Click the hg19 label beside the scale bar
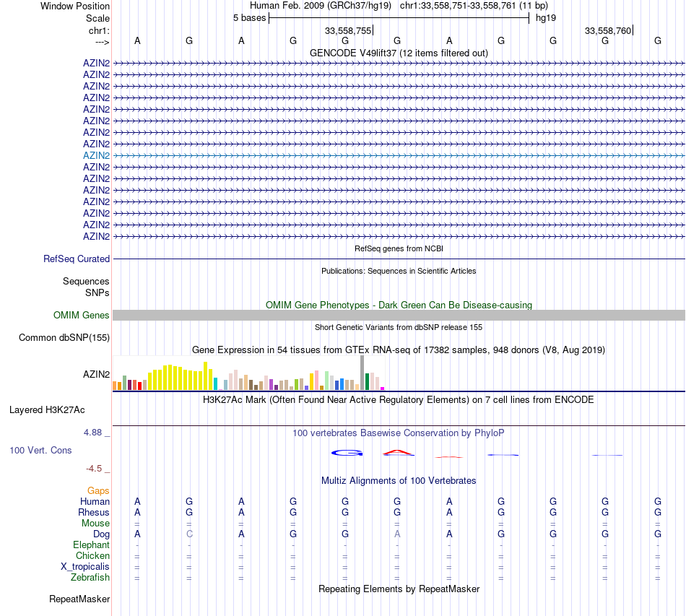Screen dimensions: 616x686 coord(544,17)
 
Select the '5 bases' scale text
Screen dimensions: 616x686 coord(249,17)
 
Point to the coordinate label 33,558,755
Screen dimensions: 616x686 coord(348,30)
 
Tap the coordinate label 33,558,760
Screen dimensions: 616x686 coord(608,30)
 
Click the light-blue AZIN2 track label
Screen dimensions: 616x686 coord(96,155)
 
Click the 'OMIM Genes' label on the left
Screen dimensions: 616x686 coord(82,315)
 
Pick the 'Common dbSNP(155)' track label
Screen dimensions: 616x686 coord(64,337)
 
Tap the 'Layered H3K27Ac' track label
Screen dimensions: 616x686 coord(47,409)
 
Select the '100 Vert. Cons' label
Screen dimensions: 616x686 coord(40,450)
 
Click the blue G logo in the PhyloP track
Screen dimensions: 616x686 coord(347,453)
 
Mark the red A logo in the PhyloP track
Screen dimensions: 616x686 coord(398,453)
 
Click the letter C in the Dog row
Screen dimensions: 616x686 coord(189,534)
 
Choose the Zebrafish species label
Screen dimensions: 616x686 coord(90,577)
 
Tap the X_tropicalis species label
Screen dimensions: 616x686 coord(85,566)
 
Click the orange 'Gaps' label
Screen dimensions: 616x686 coord(98,490)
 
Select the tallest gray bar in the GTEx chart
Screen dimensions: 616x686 coord(362,373)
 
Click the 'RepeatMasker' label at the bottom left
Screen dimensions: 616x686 coord(79,599)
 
